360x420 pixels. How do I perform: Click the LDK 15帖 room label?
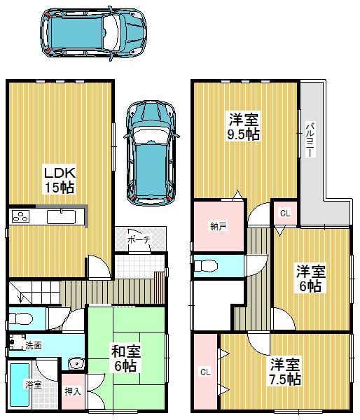[60, 180]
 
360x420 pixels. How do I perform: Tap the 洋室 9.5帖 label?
[243, 125]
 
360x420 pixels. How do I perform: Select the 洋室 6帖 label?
[308, 278]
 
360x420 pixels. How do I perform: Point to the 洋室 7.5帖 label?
[285, 372]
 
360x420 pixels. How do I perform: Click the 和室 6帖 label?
[125, 358]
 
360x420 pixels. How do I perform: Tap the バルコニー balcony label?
[308, 139]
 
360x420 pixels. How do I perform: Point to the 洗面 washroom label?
[33, 345]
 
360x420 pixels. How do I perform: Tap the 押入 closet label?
[72, 391]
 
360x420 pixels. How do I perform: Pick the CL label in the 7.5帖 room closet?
[205, 372]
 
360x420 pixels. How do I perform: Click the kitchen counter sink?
[61, 216]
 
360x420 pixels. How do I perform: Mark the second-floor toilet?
[207, 266]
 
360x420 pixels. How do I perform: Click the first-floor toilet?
[24, 319]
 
